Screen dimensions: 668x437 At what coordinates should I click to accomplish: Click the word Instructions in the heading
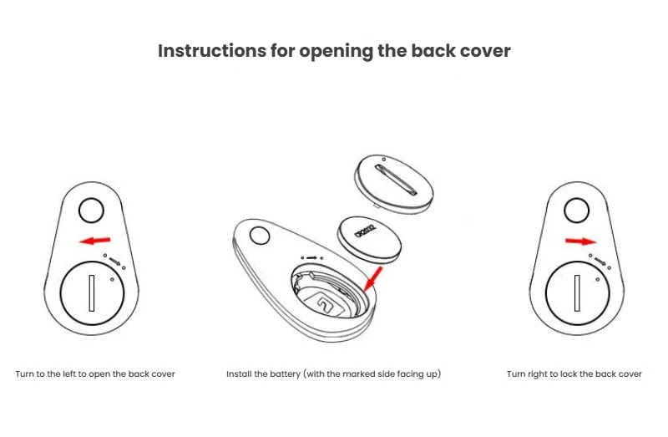click(212, 51)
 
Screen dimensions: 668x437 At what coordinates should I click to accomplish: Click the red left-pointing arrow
click(95, 241)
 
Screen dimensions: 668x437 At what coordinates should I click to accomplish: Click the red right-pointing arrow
click(580, 241)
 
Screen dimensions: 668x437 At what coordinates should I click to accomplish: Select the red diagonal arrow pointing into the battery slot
click(373, 279)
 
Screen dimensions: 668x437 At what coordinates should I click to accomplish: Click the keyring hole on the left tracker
click(91, 211)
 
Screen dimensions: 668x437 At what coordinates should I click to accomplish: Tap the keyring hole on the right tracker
click(576, 211)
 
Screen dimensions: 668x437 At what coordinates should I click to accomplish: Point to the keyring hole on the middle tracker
click(260, 236)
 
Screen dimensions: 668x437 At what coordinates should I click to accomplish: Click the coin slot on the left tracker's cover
click(92, 293)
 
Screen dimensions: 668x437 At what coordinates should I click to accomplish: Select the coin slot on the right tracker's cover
click(577, 293)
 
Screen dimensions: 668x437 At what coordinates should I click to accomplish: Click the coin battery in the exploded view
click(369, 239)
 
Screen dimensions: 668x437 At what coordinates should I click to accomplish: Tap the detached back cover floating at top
click(393, 184)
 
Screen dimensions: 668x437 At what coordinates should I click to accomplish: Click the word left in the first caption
click(69, 373)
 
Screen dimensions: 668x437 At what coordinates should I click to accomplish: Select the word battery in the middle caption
click(284, 374)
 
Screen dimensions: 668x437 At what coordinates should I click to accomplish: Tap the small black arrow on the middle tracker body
click(311, 258)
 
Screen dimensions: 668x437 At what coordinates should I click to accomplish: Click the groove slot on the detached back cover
click(396, 180)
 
